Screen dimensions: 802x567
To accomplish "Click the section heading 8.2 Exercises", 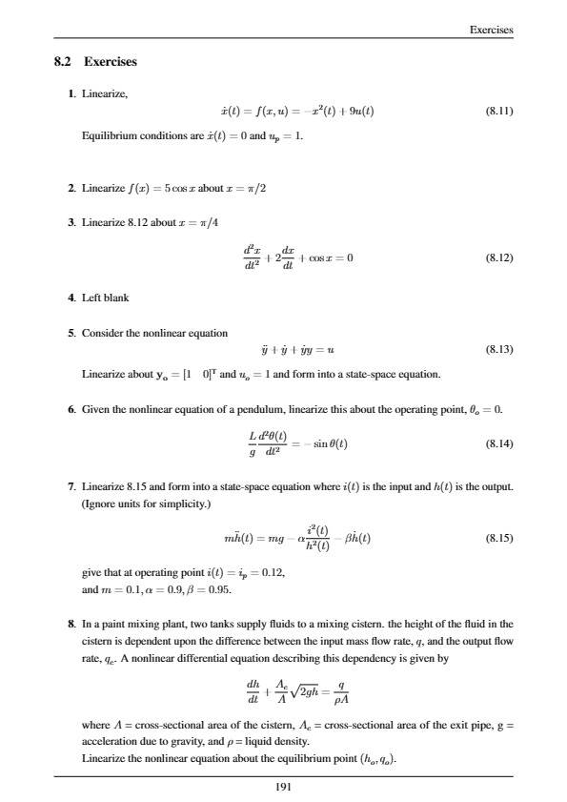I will [x=96, y=63].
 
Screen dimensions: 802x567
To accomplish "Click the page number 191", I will [x=284, y=787].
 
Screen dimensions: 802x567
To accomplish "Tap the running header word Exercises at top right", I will [x=493, y=30].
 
